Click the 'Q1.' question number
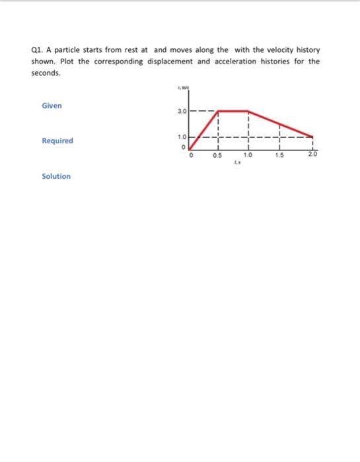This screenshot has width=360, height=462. tap(38, 50)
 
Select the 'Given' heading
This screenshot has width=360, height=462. tap(52, 106)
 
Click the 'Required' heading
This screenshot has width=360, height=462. tap(57, 141)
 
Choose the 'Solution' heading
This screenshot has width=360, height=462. tap(56, 176)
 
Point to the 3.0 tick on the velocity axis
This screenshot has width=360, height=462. tap(182, 112)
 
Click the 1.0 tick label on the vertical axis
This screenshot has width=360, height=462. tap(182, 136)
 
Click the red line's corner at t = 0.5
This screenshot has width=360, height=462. tap(219, 111)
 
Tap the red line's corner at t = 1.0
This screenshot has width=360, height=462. tap(248, 111)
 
